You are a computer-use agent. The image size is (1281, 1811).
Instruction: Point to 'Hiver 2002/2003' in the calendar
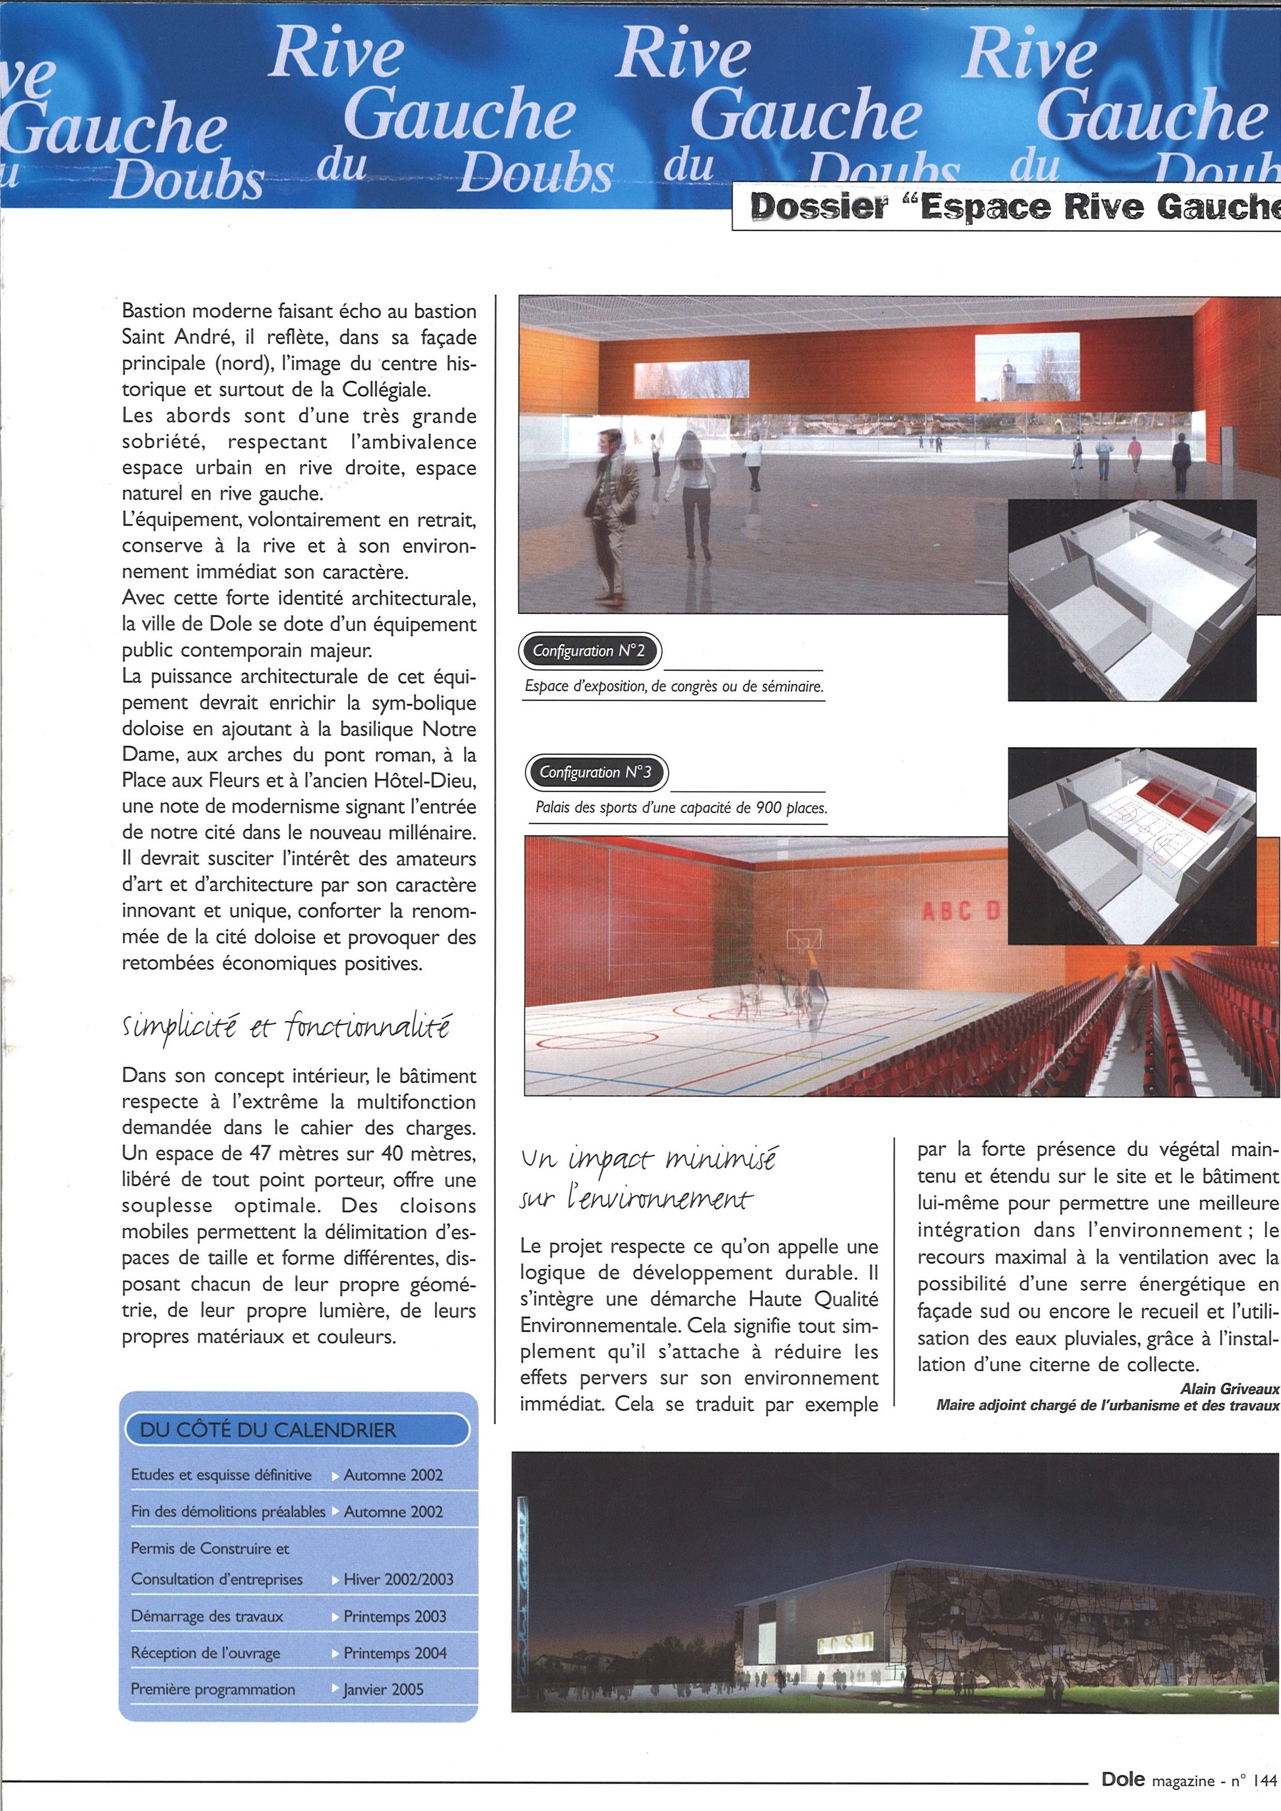[x=398, y=1579]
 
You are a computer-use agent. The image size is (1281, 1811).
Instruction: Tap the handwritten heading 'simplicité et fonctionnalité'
[x=286, y=1028]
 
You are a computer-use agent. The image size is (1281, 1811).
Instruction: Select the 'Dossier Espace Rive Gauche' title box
[x=1010, y=207]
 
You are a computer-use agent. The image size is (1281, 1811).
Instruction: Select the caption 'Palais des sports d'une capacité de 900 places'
[x=681, y=808]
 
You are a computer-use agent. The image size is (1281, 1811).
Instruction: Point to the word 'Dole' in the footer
[x=1123, y=1780]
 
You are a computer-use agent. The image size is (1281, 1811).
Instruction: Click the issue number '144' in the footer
[x=1263, y=1780]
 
